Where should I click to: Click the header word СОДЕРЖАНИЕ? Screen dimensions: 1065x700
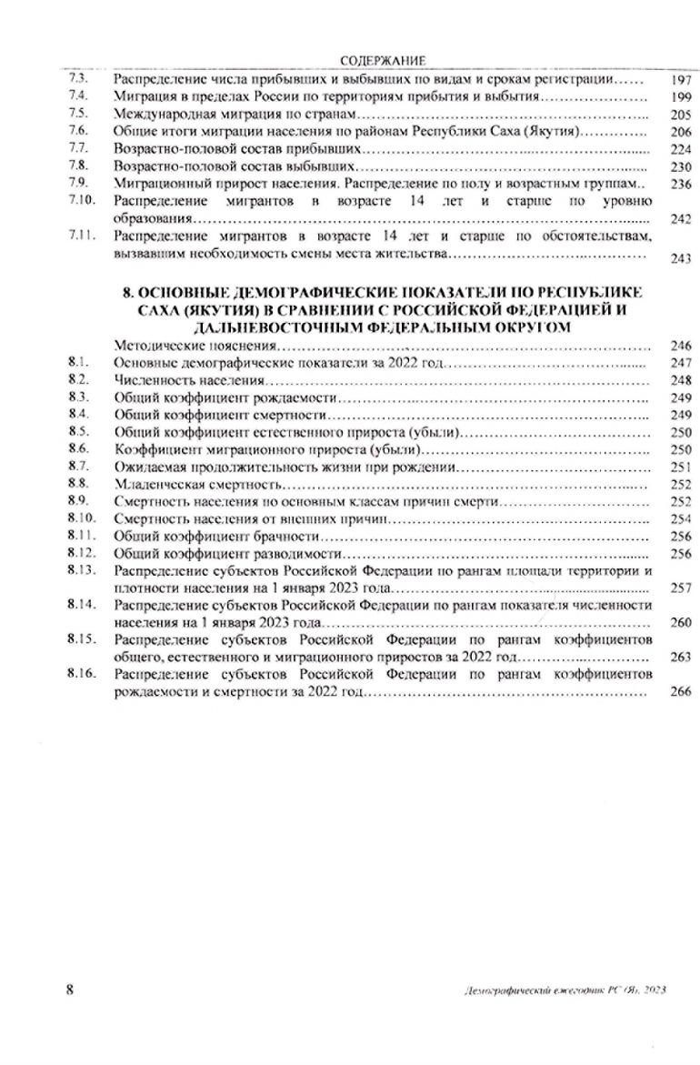click(383, 61)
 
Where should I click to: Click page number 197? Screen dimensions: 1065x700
click(667, 79)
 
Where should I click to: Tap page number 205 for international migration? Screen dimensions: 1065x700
click(667, 115)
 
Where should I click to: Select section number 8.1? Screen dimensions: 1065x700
click(78, 363)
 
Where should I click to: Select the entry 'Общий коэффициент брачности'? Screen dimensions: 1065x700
click(212, 536)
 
